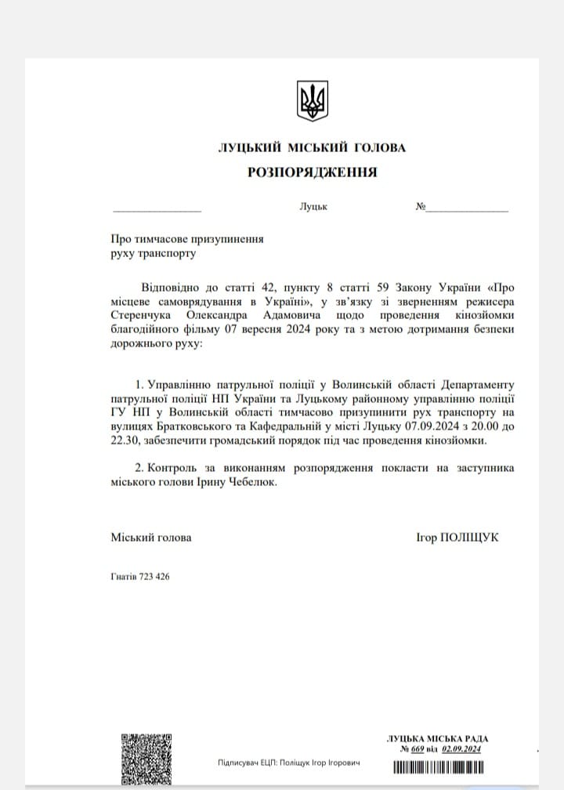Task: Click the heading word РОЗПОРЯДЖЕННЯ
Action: tap(312, 172)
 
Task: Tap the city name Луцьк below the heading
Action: tap(313, 208)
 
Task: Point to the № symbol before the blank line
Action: tap(421, 208)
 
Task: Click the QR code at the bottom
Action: tap(146, 759)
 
